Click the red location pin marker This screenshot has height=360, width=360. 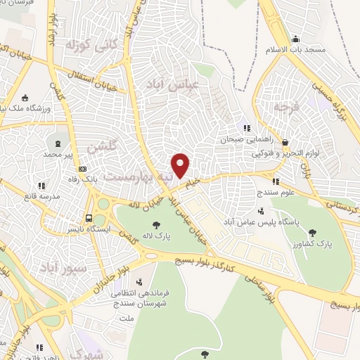pos(181,165)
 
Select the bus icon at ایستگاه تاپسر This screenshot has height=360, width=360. pos(89,219)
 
